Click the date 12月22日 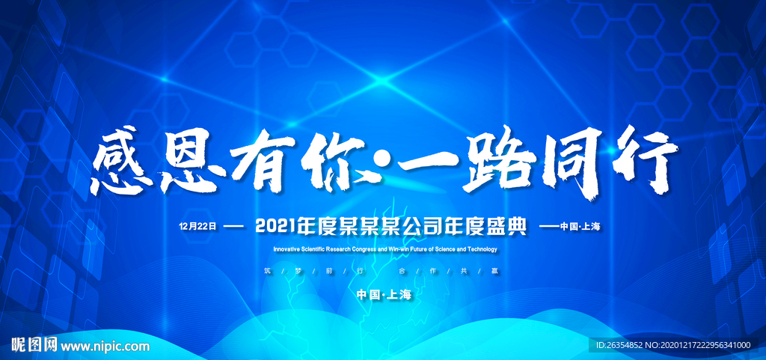197,226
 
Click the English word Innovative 290,249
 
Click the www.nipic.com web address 105,345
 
